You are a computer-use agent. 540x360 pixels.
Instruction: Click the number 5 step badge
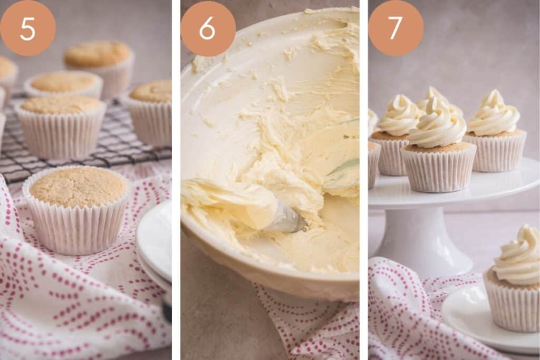[x=27, y=28]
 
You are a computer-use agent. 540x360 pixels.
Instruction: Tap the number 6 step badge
[x=208, y=28]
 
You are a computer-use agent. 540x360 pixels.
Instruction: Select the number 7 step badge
[x=396, y=28]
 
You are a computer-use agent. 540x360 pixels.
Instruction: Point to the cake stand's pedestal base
[x=422, y=242]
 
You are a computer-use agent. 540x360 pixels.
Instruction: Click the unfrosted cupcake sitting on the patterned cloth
[x=77, y=208]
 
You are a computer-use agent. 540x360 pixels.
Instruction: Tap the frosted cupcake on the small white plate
[x=514, y=282]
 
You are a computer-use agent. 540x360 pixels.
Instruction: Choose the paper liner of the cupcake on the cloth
[x=77, y=232]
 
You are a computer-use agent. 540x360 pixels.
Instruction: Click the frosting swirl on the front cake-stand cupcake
[x=438, y=127]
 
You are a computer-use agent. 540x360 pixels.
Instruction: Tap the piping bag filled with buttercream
[x=227, y=203]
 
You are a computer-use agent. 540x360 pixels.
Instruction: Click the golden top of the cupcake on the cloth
[x=77, y=186]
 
